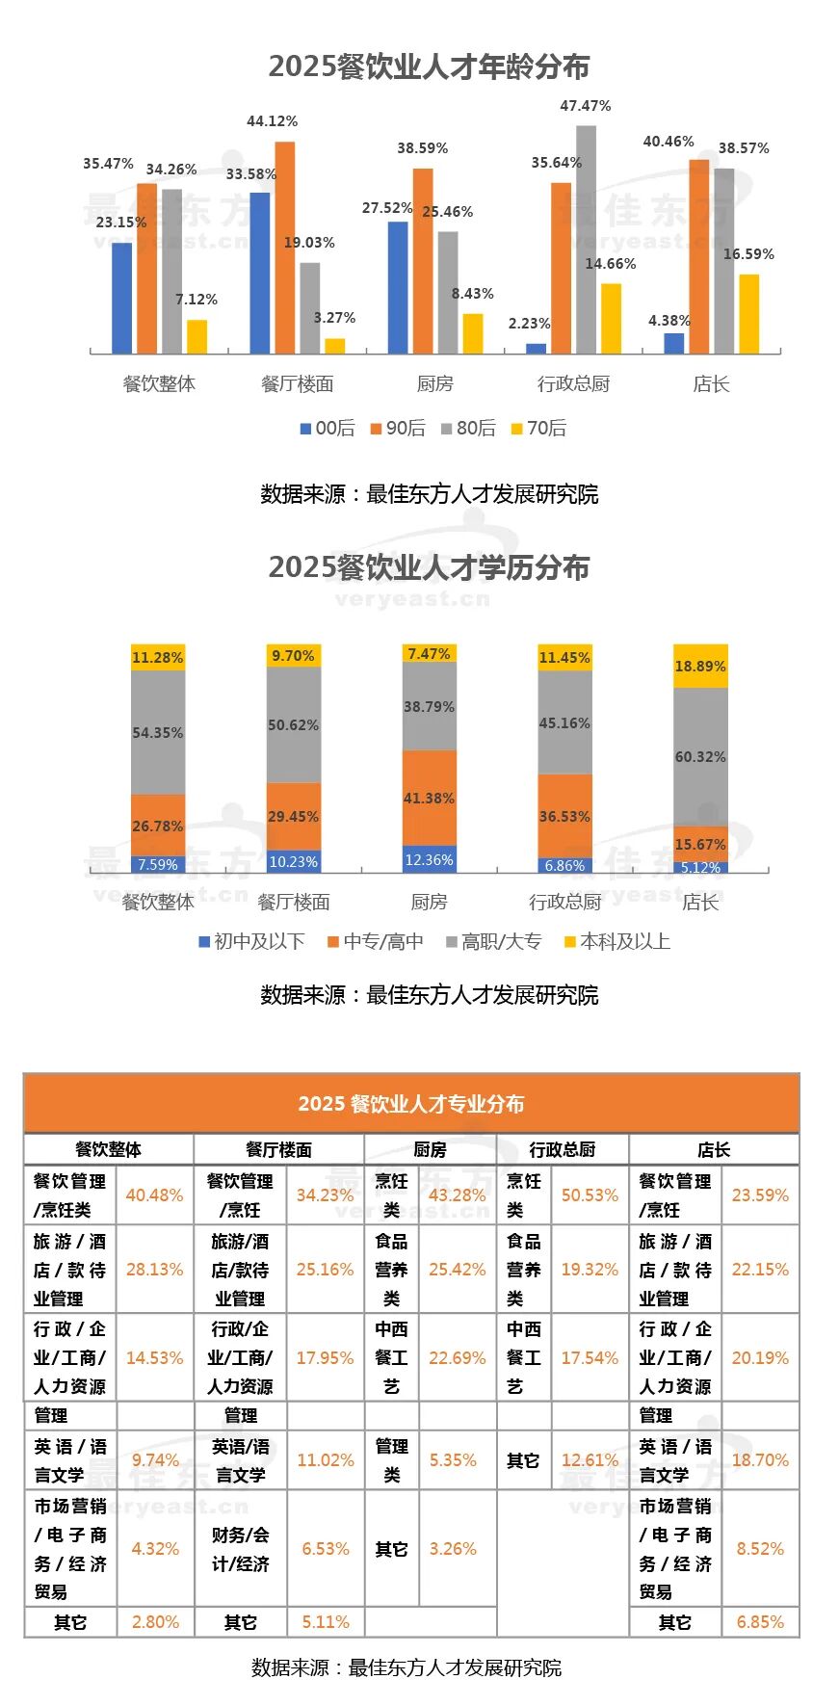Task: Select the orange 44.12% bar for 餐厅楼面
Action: click(285, 248)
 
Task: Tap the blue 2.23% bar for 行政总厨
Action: click(536, 348)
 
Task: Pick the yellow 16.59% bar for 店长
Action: click(748, 314)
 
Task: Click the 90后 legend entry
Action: click(397, 428)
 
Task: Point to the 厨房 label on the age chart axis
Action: click(434, 383)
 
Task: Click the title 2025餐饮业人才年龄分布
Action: click(428, 66)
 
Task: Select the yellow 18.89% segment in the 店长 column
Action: click(700, 666)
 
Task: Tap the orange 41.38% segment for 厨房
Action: click(429, 798)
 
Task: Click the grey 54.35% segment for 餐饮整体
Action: click(158, 732)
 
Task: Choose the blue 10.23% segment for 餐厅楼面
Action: click(293, 861)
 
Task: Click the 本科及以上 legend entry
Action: click(616, 941)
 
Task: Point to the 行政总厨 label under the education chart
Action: click(564, 902)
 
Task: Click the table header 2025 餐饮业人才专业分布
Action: click(411, 1103)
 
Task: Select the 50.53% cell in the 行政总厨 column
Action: click(590, 1194)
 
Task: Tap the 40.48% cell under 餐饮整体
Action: click(154, 1194)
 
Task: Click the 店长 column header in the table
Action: click(714, 1149)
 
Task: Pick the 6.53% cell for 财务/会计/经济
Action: click(326, 1548)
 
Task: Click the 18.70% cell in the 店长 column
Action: click(760, 1459)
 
